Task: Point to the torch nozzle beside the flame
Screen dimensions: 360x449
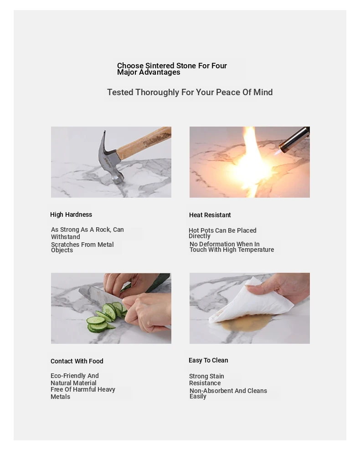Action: click(294, 140)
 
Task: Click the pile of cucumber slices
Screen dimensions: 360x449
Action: click(105, 318)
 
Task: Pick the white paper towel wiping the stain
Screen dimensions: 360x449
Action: click(250, 301)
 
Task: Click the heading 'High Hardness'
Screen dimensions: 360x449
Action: click(71, 214)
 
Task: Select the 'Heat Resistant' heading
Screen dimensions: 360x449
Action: click(210, 215)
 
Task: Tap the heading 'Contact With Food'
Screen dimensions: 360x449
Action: click(77, 361)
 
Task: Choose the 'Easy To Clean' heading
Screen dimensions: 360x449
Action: click(208, 360)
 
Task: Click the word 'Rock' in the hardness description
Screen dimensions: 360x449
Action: click(103, 230)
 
